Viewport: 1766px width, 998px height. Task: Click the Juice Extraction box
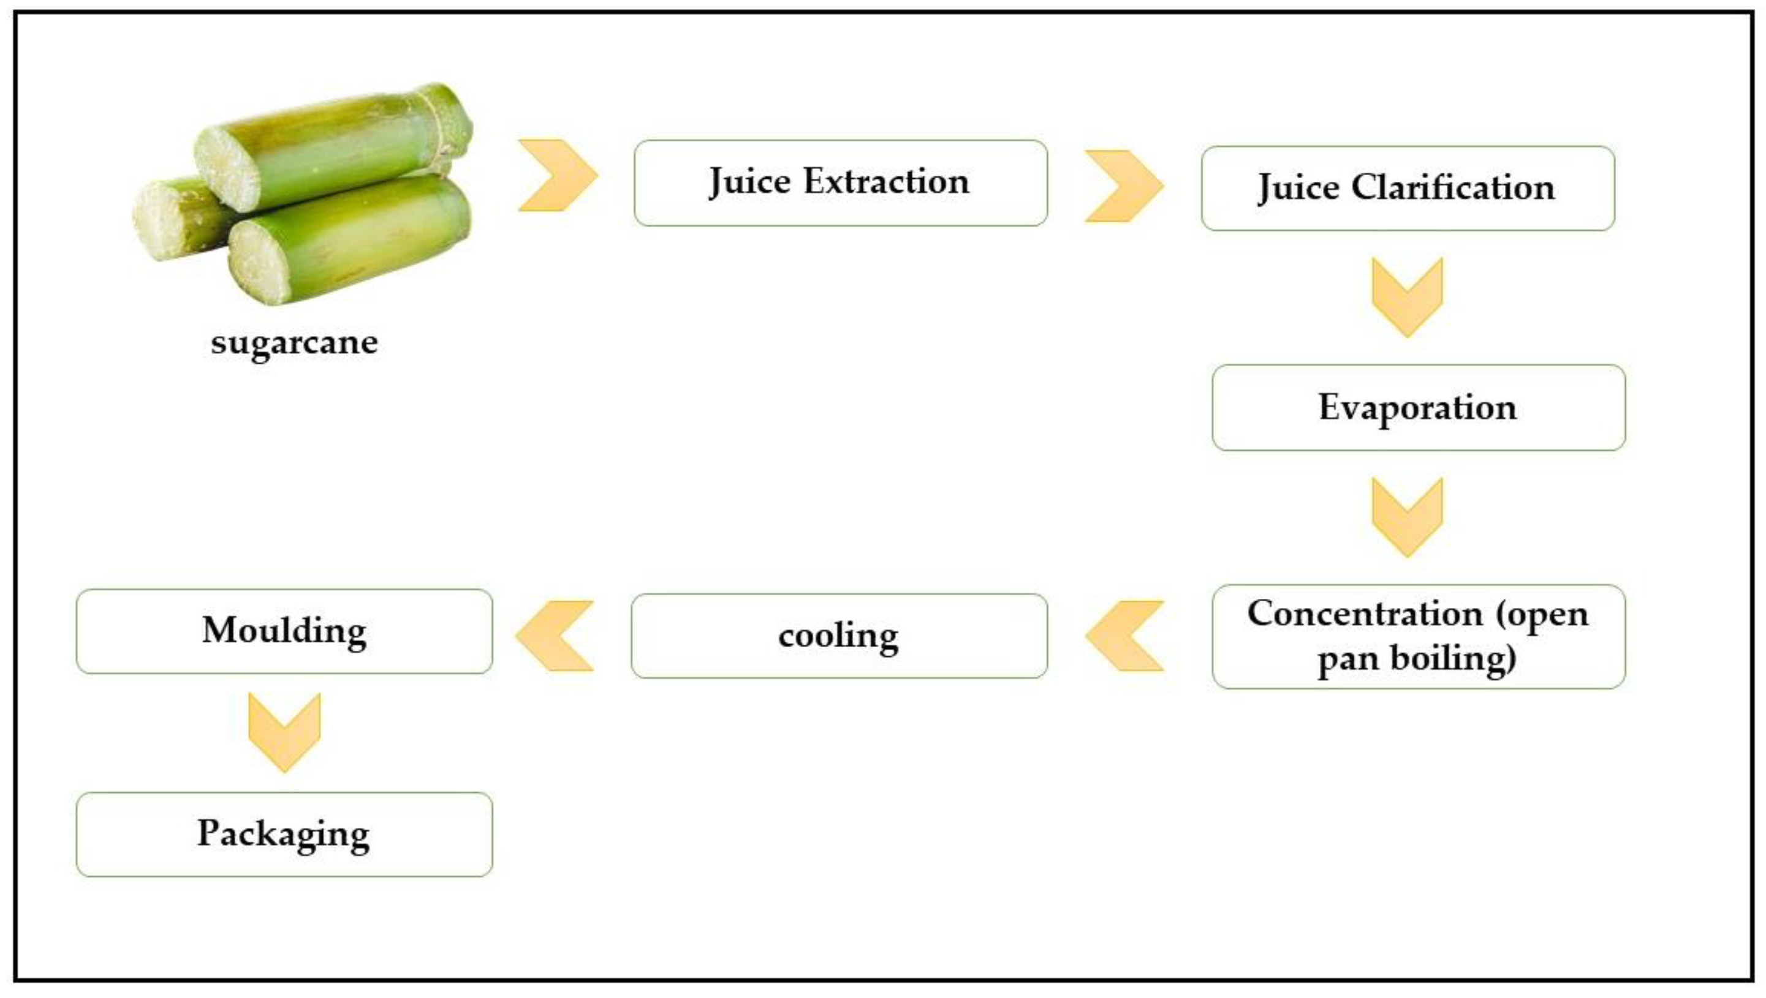coord(840,183)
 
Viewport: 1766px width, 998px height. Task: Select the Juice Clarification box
coord(1408,189)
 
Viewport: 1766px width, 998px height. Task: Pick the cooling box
coord(839,636)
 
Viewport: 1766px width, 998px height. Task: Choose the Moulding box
coord(284,631)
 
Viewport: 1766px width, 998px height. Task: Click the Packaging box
coord(284,834)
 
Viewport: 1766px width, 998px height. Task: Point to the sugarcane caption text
coord(294,342)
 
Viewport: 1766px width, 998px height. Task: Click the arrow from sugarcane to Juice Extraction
coord(558,176)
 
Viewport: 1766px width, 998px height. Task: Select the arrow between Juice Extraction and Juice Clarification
coord(1123,186)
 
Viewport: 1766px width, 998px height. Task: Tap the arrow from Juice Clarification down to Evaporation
coord(1408,297)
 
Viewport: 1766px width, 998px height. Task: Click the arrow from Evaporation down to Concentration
coord(1408,517)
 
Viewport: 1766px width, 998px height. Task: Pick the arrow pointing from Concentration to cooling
coord(1125,636)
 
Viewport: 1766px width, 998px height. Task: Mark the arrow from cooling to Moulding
coord(554,636)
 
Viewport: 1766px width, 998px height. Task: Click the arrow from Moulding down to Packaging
coord(284,732)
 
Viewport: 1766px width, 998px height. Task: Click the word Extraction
coord(886,182)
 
